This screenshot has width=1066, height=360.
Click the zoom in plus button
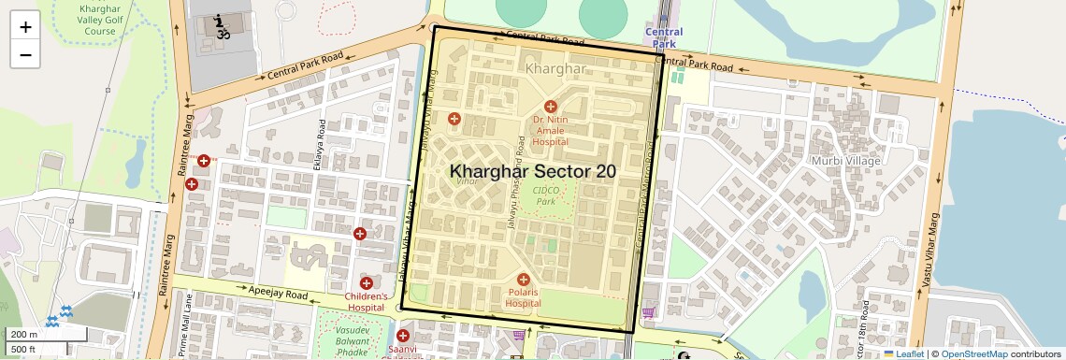25,26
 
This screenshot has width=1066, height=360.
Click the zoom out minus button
25,54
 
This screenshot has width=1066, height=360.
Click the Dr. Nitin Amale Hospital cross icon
551,108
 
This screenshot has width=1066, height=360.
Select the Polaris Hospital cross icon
523,280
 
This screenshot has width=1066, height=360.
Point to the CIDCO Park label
544,194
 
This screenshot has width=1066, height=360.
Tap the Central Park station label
664,37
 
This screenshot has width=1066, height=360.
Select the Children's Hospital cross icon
367,282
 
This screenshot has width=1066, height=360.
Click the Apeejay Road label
278,293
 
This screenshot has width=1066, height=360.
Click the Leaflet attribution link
903,353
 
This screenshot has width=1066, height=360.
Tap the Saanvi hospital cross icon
403,336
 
